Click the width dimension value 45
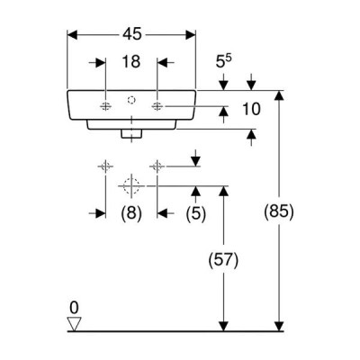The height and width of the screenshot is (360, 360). coord(131,34)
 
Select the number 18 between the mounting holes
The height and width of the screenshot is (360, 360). coord(131,62)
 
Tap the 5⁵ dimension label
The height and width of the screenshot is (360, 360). coord(224,61)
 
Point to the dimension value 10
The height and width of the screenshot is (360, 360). coord(251,109)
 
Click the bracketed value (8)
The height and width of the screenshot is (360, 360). coord(131,213)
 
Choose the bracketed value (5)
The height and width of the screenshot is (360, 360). coord(196,213)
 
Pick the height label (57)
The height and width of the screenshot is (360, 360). coord(224,260)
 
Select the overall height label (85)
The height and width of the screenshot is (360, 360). coord(279,211)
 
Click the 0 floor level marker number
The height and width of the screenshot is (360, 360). coord(74,308)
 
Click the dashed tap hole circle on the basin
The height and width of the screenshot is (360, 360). coord(131,100)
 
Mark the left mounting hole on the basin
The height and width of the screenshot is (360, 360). coord(105,106)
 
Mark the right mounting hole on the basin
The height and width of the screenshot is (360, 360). coord(157,106)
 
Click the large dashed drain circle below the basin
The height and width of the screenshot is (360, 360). coord(131,186)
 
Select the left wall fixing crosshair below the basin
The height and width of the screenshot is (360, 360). coord(105,166)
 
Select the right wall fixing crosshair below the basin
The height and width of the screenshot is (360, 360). coord(157,166)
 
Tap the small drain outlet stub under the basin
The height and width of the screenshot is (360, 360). coord(131,134)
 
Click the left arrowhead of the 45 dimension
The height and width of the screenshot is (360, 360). coord(72,34)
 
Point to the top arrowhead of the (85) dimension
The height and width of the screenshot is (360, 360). coord(279,95)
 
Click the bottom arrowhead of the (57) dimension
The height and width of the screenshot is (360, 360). coord(223,326)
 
